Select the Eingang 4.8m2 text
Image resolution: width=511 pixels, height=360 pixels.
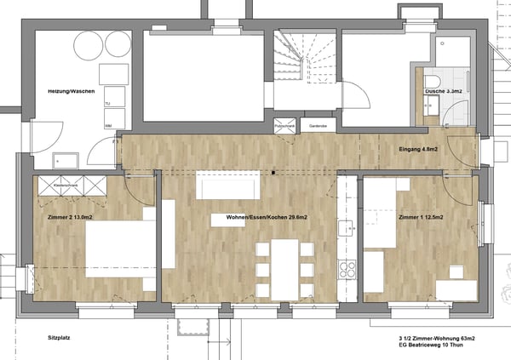pos(418,151)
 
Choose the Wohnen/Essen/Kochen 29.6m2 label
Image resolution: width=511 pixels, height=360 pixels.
pos(267,218)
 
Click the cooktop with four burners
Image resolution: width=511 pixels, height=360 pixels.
pos(347,270)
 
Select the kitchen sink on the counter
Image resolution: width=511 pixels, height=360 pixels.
pos(347,227)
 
